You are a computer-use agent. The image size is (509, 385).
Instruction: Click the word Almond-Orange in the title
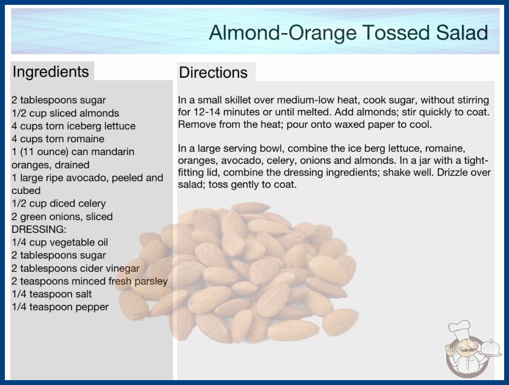283,33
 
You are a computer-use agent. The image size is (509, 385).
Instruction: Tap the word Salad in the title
462,33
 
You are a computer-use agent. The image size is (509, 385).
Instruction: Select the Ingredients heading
51,71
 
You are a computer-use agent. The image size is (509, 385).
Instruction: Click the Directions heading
213,72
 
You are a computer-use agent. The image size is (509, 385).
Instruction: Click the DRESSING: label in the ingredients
39,229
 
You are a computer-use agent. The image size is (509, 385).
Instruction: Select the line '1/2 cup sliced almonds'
65,113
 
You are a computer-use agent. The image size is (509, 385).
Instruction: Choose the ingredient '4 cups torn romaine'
58,139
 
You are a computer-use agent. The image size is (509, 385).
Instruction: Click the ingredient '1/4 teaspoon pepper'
60,307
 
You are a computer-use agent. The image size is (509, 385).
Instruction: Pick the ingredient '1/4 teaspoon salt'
52,294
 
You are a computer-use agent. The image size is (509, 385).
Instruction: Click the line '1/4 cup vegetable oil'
60,242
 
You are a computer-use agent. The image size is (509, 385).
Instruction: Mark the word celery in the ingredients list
91,203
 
